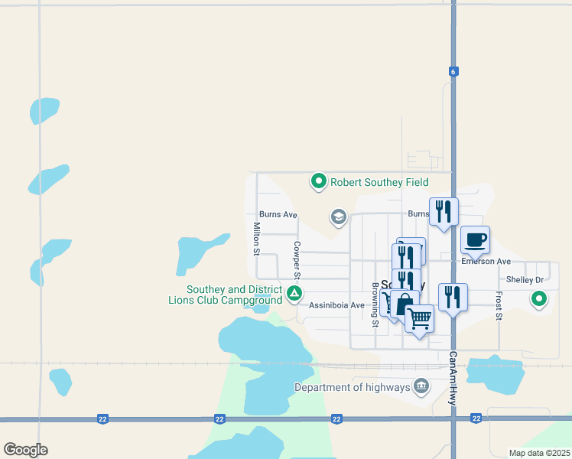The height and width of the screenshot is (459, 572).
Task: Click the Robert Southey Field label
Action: [379, 182]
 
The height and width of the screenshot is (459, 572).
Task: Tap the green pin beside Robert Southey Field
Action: [318, 181]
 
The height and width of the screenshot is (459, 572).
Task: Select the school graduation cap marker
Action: [338, 217]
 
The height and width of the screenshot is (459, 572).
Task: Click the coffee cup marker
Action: [475, 240]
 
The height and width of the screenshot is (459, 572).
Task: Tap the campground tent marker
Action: [293, 294]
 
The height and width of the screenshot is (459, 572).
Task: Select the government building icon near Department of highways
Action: [421, 387]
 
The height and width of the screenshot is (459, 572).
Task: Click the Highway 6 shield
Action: [453, 71]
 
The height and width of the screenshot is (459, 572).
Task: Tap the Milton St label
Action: [257, 239]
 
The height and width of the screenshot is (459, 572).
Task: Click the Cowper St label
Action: [296, 261]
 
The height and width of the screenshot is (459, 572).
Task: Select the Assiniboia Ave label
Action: [336, 304]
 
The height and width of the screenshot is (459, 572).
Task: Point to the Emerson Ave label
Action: [486, 262]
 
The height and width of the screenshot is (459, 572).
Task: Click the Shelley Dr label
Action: [525, 280]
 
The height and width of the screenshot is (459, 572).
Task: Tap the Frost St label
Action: [499, 304]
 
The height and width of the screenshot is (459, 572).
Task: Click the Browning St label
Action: [375, 304]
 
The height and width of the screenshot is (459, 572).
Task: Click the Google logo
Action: [25, 450]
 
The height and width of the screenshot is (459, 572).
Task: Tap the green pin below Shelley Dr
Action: [539, 299]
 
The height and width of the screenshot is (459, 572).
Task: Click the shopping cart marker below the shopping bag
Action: [419, 317]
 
